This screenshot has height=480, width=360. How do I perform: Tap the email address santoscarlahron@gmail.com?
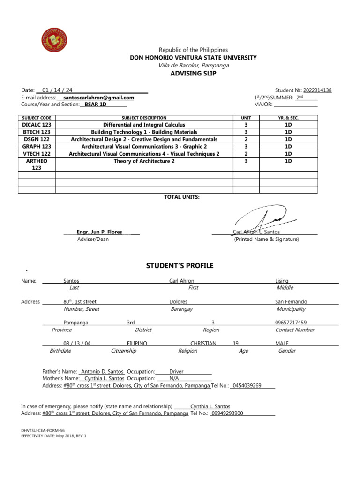click(x=98, y=97)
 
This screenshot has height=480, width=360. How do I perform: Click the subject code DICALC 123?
click(x=37, y=125)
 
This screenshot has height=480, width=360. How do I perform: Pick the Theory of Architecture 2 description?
click(x=144, y=161)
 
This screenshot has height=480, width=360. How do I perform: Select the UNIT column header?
click(x=246, y=118)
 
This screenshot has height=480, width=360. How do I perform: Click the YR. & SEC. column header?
click(x=288, y=118)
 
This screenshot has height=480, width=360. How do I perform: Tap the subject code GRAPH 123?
click(x=37, y=146)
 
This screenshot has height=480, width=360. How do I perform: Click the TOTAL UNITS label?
click(x=181, y=197)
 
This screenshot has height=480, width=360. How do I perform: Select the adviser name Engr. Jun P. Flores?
click(x=100, y=232)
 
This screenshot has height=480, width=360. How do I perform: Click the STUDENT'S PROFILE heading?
click(x=180, y=266)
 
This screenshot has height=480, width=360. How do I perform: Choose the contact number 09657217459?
click(x=291, y=322)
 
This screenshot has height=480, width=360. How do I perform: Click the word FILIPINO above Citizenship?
click(x=137, y=343)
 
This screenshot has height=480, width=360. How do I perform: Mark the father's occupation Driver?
click(x=176, y=371)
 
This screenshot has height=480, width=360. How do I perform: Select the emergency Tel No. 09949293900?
click(x=227, y=413)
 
